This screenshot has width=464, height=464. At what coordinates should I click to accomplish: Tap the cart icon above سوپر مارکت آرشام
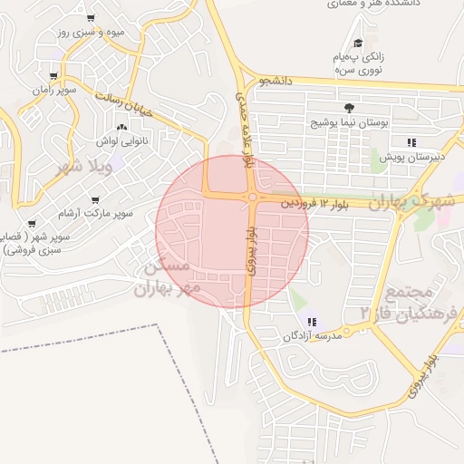coord(95,200)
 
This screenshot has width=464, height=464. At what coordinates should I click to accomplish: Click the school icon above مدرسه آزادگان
coord(313,322)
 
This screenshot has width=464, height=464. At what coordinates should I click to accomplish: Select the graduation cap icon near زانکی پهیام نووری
coord(358,43)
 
